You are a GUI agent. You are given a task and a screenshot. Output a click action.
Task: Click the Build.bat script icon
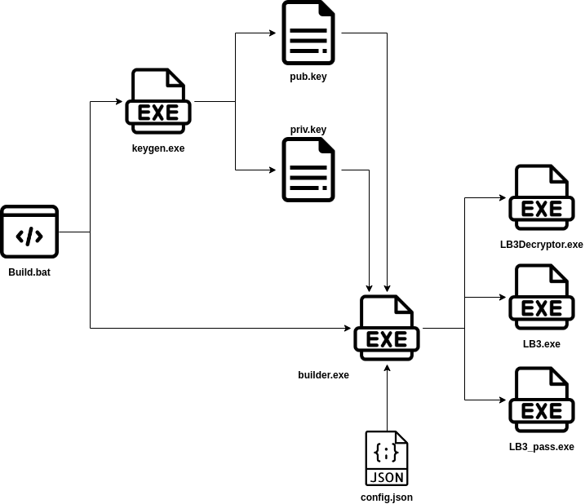29,232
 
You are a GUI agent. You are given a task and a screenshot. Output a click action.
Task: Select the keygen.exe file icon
158,101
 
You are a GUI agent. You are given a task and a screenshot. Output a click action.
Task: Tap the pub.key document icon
308,33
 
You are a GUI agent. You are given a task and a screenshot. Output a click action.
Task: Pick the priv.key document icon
308,170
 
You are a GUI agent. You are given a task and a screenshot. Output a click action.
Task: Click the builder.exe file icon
387,328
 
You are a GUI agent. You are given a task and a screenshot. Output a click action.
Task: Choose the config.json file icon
387,458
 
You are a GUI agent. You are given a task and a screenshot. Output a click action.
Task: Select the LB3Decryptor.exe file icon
542,197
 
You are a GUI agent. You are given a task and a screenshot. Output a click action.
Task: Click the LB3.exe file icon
542,297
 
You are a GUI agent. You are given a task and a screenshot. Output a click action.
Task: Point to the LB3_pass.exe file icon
542,400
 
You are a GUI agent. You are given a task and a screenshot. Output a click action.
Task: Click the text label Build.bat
29,272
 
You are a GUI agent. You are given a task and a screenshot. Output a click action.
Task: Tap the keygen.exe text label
158,148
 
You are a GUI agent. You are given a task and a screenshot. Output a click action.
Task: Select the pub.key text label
308,77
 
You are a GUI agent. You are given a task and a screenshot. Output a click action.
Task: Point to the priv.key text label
308,130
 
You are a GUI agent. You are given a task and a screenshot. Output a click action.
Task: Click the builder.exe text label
323,375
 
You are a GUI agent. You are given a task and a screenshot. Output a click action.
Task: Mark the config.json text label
387,497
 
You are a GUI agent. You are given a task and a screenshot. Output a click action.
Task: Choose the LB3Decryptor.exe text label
542,245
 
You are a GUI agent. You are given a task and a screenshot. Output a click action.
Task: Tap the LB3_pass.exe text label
542,447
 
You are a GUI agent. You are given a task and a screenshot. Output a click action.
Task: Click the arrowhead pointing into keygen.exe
119,101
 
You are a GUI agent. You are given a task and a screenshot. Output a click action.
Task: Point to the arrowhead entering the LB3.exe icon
503,297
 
